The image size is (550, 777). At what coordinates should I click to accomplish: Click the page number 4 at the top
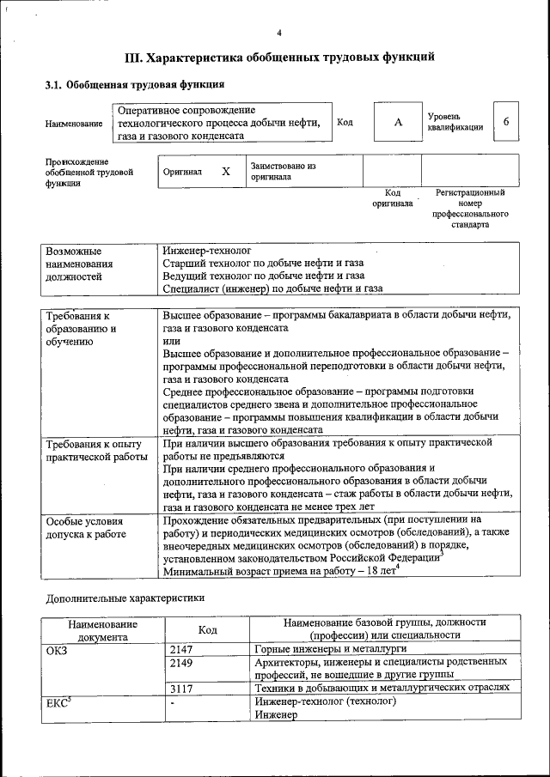[279, 33]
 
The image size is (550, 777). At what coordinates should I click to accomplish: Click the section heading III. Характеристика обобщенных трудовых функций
[279, 58]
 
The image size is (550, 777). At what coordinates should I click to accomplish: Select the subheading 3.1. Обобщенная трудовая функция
[135, 85]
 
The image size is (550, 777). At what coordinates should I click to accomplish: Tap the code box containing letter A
[398, 122]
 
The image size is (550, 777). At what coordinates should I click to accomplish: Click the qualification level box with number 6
[506, 122]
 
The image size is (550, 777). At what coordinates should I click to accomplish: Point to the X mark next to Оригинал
[226, 171]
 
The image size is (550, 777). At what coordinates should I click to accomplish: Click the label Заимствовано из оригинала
[284, 171]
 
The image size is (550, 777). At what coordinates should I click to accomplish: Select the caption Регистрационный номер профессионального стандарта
[470, 209]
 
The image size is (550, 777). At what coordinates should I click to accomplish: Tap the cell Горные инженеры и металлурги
[327, 649]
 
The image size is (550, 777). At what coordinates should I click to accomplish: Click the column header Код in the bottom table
[207, 629]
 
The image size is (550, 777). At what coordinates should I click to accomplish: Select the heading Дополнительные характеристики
[125, 597]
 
